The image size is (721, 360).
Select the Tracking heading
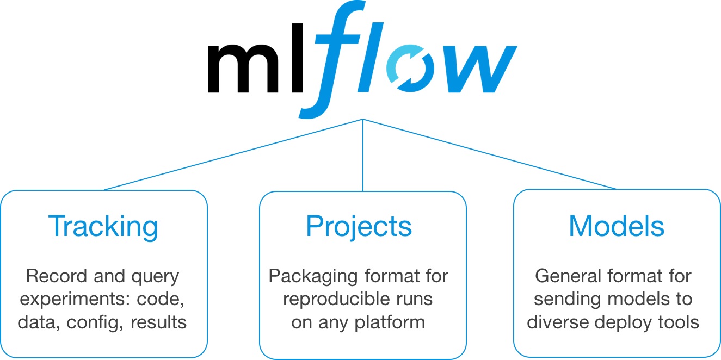coord(103,227)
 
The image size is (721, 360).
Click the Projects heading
coord(359,227)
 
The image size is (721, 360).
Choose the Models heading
coord(617,227)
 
